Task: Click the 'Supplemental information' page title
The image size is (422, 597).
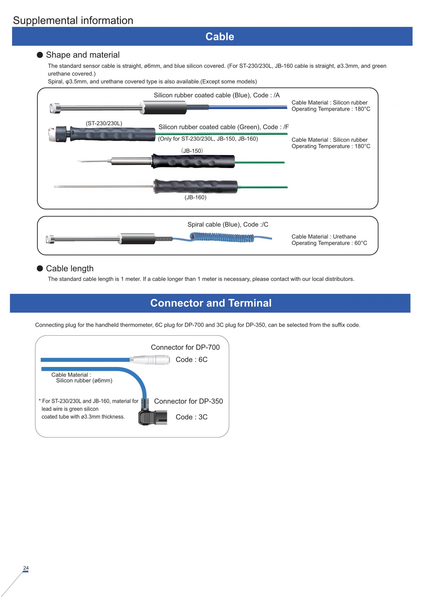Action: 73,20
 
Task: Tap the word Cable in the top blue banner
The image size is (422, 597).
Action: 220,37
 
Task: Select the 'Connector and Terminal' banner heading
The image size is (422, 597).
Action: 211,303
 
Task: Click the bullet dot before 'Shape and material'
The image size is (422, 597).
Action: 40,55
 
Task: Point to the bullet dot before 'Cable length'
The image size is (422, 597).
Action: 40,268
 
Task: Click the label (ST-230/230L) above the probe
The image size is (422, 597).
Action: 104,124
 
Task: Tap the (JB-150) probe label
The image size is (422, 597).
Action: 192,151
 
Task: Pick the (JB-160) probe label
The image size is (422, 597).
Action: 195,197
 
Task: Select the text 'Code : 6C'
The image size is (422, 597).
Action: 191,360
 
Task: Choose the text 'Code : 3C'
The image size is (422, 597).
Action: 191,417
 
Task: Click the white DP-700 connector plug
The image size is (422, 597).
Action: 150,360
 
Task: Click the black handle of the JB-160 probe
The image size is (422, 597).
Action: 195,186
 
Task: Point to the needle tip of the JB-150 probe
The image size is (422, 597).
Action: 78,161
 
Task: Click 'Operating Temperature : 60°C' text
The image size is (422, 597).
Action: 329,243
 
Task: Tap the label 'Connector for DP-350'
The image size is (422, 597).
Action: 188,401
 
